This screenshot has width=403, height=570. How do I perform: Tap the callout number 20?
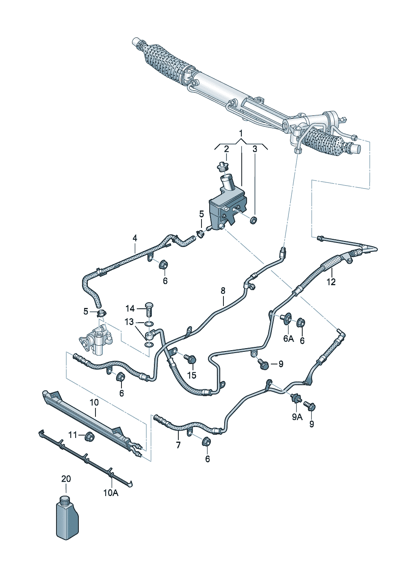click(x=66, y=479)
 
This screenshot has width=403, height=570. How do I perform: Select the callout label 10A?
click(x=110, y=493)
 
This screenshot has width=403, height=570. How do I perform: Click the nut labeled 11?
click(x=90, y=437)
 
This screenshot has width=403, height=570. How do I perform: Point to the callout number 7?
click(x=178, y=445)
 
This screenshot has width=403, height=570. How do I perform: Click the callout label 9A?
click(x=297, y=416)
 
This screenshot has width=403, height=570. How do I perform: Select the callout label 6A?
click(x=288, y=338)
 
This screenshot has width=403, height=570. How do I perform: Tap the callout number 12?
click(x=331, y=282)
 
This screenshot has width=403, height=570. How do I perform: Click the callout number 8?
click(x=223, y=290)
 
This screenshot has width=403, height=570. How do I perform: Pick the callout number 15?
click(x=192, y=375)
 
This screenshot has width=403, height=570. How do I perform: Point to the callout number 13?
click(x=129, y=322)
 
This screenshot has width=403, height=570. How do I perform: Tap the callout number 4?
click(x=135, y=238)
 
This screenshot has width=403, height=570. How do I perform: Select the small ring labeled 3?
click(x=253, y=220)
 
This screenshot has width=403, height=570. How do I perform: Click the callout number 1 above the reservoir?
click(x=241, y=133)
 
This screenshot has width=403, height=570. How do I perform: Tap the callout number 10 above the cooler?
click(x=94, y=402)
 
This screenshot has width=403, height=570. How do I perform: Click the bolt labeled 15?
click(x=191, y=359)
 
